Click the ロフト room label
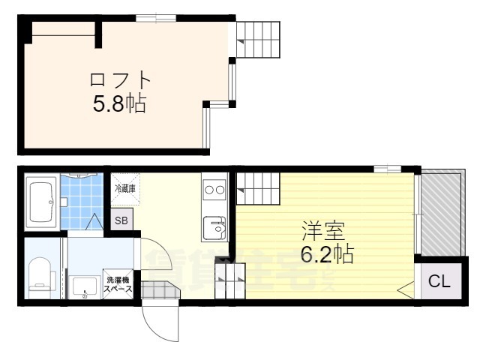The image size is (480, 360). [120, 79]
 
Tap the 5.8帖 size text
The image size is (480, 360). [119, 103]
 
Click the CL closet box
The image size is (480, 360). [439, 282]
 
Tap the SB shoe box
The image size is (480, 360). [121, 220]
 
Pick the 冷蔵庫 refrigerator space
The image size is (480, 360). [124, 189]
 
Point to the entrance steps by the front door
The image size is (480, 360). [157, 289]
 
